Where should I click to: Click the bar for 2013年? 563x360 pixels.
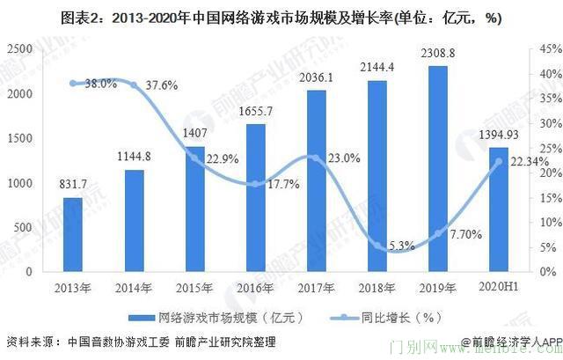[73, 235]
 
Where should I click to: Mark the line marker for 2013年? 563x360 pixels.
[73, 84]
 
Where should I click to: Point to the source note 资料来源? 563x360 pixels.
[141, 342]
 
